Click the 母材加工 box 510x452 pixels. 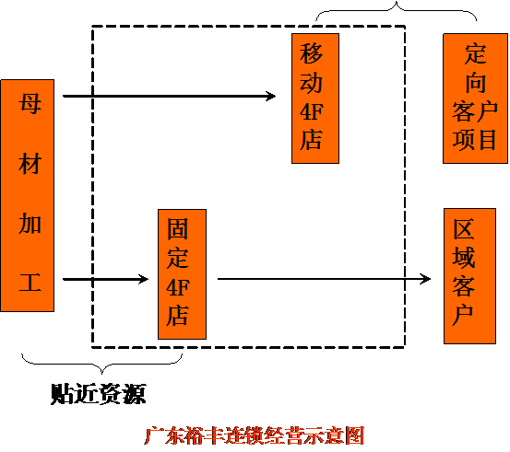pyautogui.click(x=28, y=195)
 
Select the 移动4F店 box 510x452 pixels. pyautogui.click(x=315, y=99)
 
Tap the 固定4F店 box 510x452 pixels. pyautogui.click(x=183, y=274)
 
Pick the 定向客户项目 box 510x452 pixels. pyautogui.click(x=475, y=99)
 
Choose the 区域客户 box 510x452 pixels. pyautogui.click(x=469, y=276)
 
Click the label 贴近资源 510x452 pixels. pyautogui.click(x=99, y=394)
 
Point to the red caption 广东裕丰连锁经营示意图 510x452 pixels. pyautogui.click(x=254, y=435)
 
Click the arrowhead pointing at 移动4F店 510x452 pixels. pyautogui.click(x=271, y=96)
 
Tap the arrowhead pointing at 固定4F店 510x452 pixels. pyautogui.click(x=144, y=279)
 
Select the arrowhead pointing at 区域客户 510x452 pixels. pyautogui.click(x=426, y=279)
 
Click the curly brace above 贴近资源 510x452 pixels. pyautogui.click(x=101, y=365)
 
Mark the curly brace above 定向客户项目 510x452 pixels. pyautogui.click(x=397, y=10)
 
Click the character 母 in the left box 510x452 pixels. pyautogui.click(x=30, y=104)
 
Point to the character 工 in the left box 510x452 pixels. pyautogui.click(x=30, y=282)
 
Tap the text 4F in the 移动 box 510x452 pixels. pyautogui.click(x=312, y=111)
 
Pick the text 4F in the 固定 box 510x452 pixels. pyautogui.click(x=178, y=288)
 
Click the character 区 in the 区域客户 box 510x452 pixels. pyautogui.click(x=464, y=229)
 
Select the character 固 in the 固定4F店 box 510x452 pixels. pyautogui.click(x=178, y=229)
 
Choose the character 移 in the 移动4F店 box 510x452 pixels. pyautogui.click(x=312, y=53)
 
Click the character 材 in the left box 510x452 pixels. pyautogui.click(x=30, y=164)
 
